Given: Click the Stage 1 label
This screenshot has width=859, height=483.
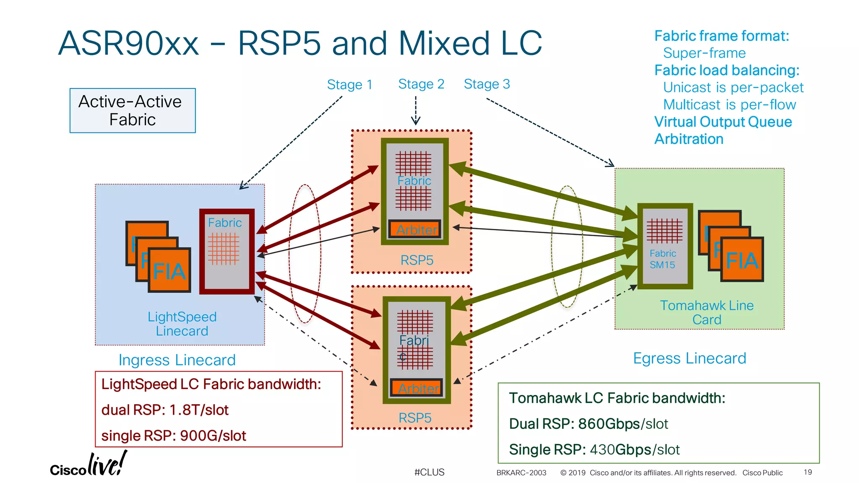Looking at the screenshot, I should tap(349, 85).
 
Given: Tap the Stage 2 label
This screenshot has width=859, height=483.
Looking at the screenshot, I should tap(421, 84).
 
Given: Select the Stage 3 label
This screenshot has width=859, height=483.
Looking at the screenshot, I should tap(487, 84).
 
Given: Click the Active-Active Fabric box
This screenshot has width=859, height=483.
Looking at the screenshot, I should tap(133, 111).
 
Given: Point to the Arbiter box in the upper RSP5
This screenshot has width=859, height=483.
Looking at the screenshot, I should tap(415, 229).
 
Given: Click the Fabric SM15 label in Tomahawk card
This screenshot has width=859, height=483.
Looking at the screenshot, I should tap(662, 259).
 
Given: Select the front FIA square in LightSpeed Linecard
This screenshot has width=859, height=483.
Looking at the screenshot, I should tap(169, 270).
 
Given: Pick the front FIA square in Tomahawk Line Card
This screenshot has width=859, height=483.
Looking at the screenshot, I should tap(742, 260).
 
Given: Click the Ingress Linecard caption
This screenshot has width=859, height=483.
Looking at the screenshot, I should tap(177, 360).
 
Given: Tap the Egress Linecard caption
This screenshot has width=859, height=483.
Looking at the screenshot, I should tap(690, 358).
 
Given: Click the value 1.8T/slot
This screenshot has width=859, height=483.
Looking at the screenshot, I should tap(199, 410).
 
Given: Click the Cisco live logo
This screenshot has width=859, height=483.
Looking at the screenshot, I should tap(88, 465).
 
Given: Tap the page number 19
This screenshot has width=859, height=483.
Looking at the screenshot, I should tap(807, 472).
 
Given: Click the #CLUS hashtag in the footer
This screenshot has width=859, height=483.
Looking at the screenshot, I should tap(429, 472).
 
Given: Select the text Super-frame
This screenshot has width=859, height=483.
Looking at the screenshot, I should tap(704, 53).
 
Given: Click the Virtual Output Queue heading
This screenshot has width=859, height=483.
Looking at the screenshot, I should tap(723, 122).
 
